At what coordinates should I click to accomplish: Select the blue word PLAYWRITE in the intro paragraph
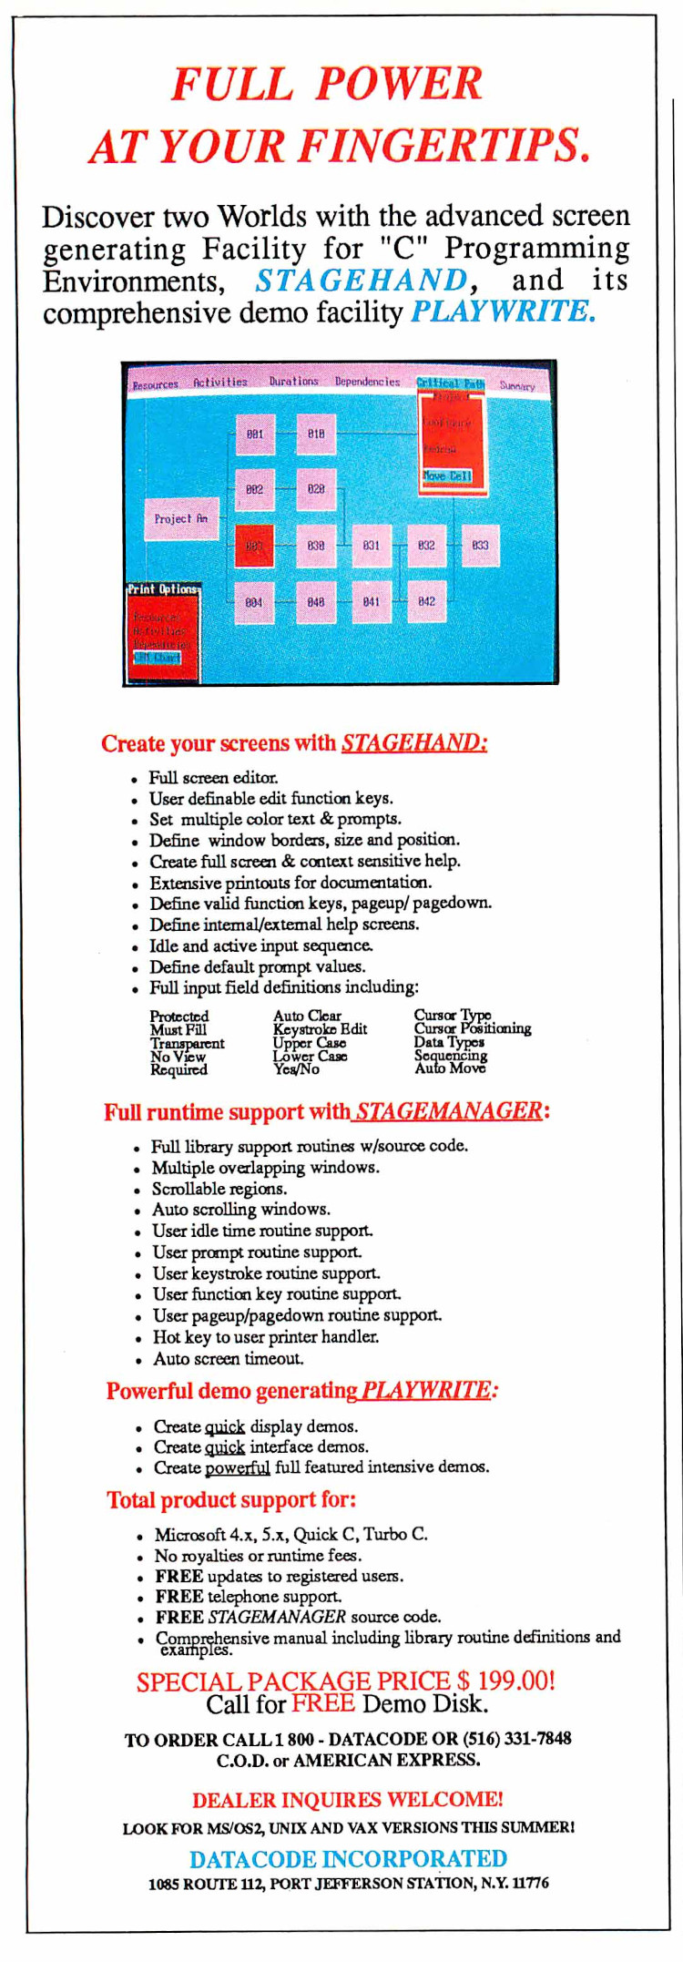click(504, 312)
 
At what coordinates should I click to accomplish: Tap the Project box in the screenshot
click(181, 518)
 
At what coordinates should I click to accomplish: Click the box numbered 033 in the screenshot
click(480, 545)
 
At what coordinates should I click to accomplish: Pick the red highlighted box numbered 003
click(254, 546)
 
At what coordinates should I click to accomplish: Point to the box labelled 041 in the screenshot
click(372, 601)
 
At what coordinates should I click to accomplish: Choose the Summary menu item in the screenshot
click(517, 385)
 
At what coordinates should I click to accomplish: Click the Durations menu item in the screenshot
click(293, 382)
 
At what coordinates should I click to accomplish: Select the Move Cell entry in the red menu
click(447, 475)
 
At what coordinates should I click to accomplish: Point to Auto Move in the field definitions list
click(450, 1068)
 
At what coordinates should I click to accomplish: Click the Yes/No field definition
click(296, 1069)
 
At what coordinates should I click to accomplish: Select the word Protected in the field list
click(179, 1016)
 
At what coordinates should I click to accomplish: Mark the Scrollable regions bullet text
click(219, 1189)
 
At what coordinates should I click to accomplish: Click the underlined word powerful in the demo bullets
click(238, 1467)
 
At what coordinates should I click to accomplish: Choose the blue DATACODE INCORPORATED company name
click(348, 1859)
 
